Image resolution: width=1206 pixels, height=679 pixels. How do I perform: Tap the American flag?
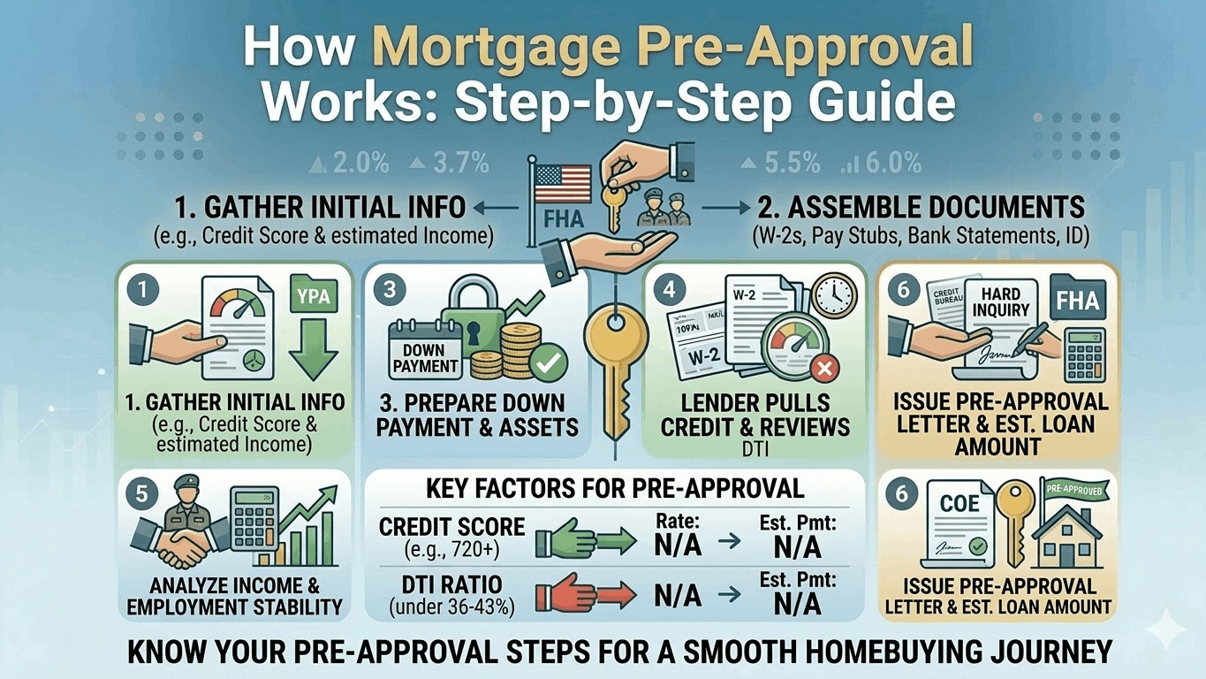pos(561,182)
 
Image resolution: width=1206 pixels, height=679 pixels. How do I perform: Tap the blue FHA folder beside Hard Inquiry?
pos(1077,301)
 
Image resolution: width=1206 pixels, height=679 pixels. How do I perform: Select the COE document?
pos(959,522)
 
